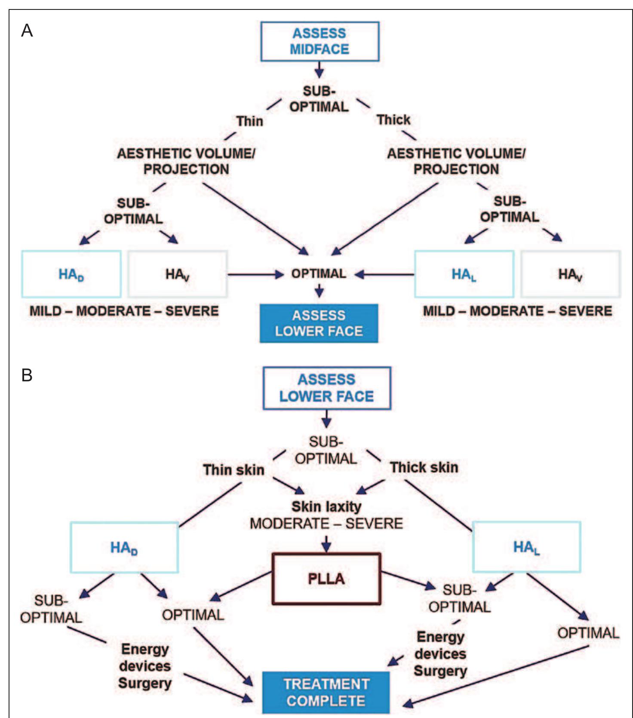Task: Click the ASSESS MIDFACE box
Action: [x=320, y=41]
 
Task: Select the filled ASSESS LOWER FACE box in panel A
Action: [x=319, y=323]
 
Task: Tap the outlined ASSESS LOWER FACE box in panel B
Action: [x=327, y=388]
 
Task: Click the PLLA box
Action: [x=326, y=579]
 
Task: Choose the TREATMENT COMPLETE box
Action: [x=326, y=693]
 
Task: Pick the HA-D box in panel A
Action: [x=71, y=274]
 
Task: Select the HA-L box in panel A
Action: [x=464, y=274]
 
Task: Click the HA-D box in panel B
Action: [x=124, y=547]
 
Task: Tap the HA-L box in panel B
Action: [x=526, y=547]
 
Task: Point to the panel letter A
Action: [x=27, y=31]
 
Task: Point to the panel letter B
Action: [x=27, y=375]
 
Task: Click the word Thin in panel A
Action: [x=249, y=121]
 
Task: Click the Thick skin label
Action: [x=424, y=467]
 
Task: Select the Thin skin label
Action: [x=234, y=470]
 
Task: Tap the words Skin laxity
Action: [x=326, y=506]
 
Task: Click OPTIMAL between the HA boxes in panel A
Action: [x=319, y=273]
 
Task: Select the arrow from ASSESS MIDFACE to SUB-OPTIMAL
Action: [x=319, y=70]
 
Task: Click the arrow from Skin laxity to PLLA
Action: [x=326, y=543]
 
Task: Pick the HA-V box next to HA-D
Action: [x=178, y=274]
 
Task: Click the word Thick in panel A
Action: [x=393, y=120]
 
